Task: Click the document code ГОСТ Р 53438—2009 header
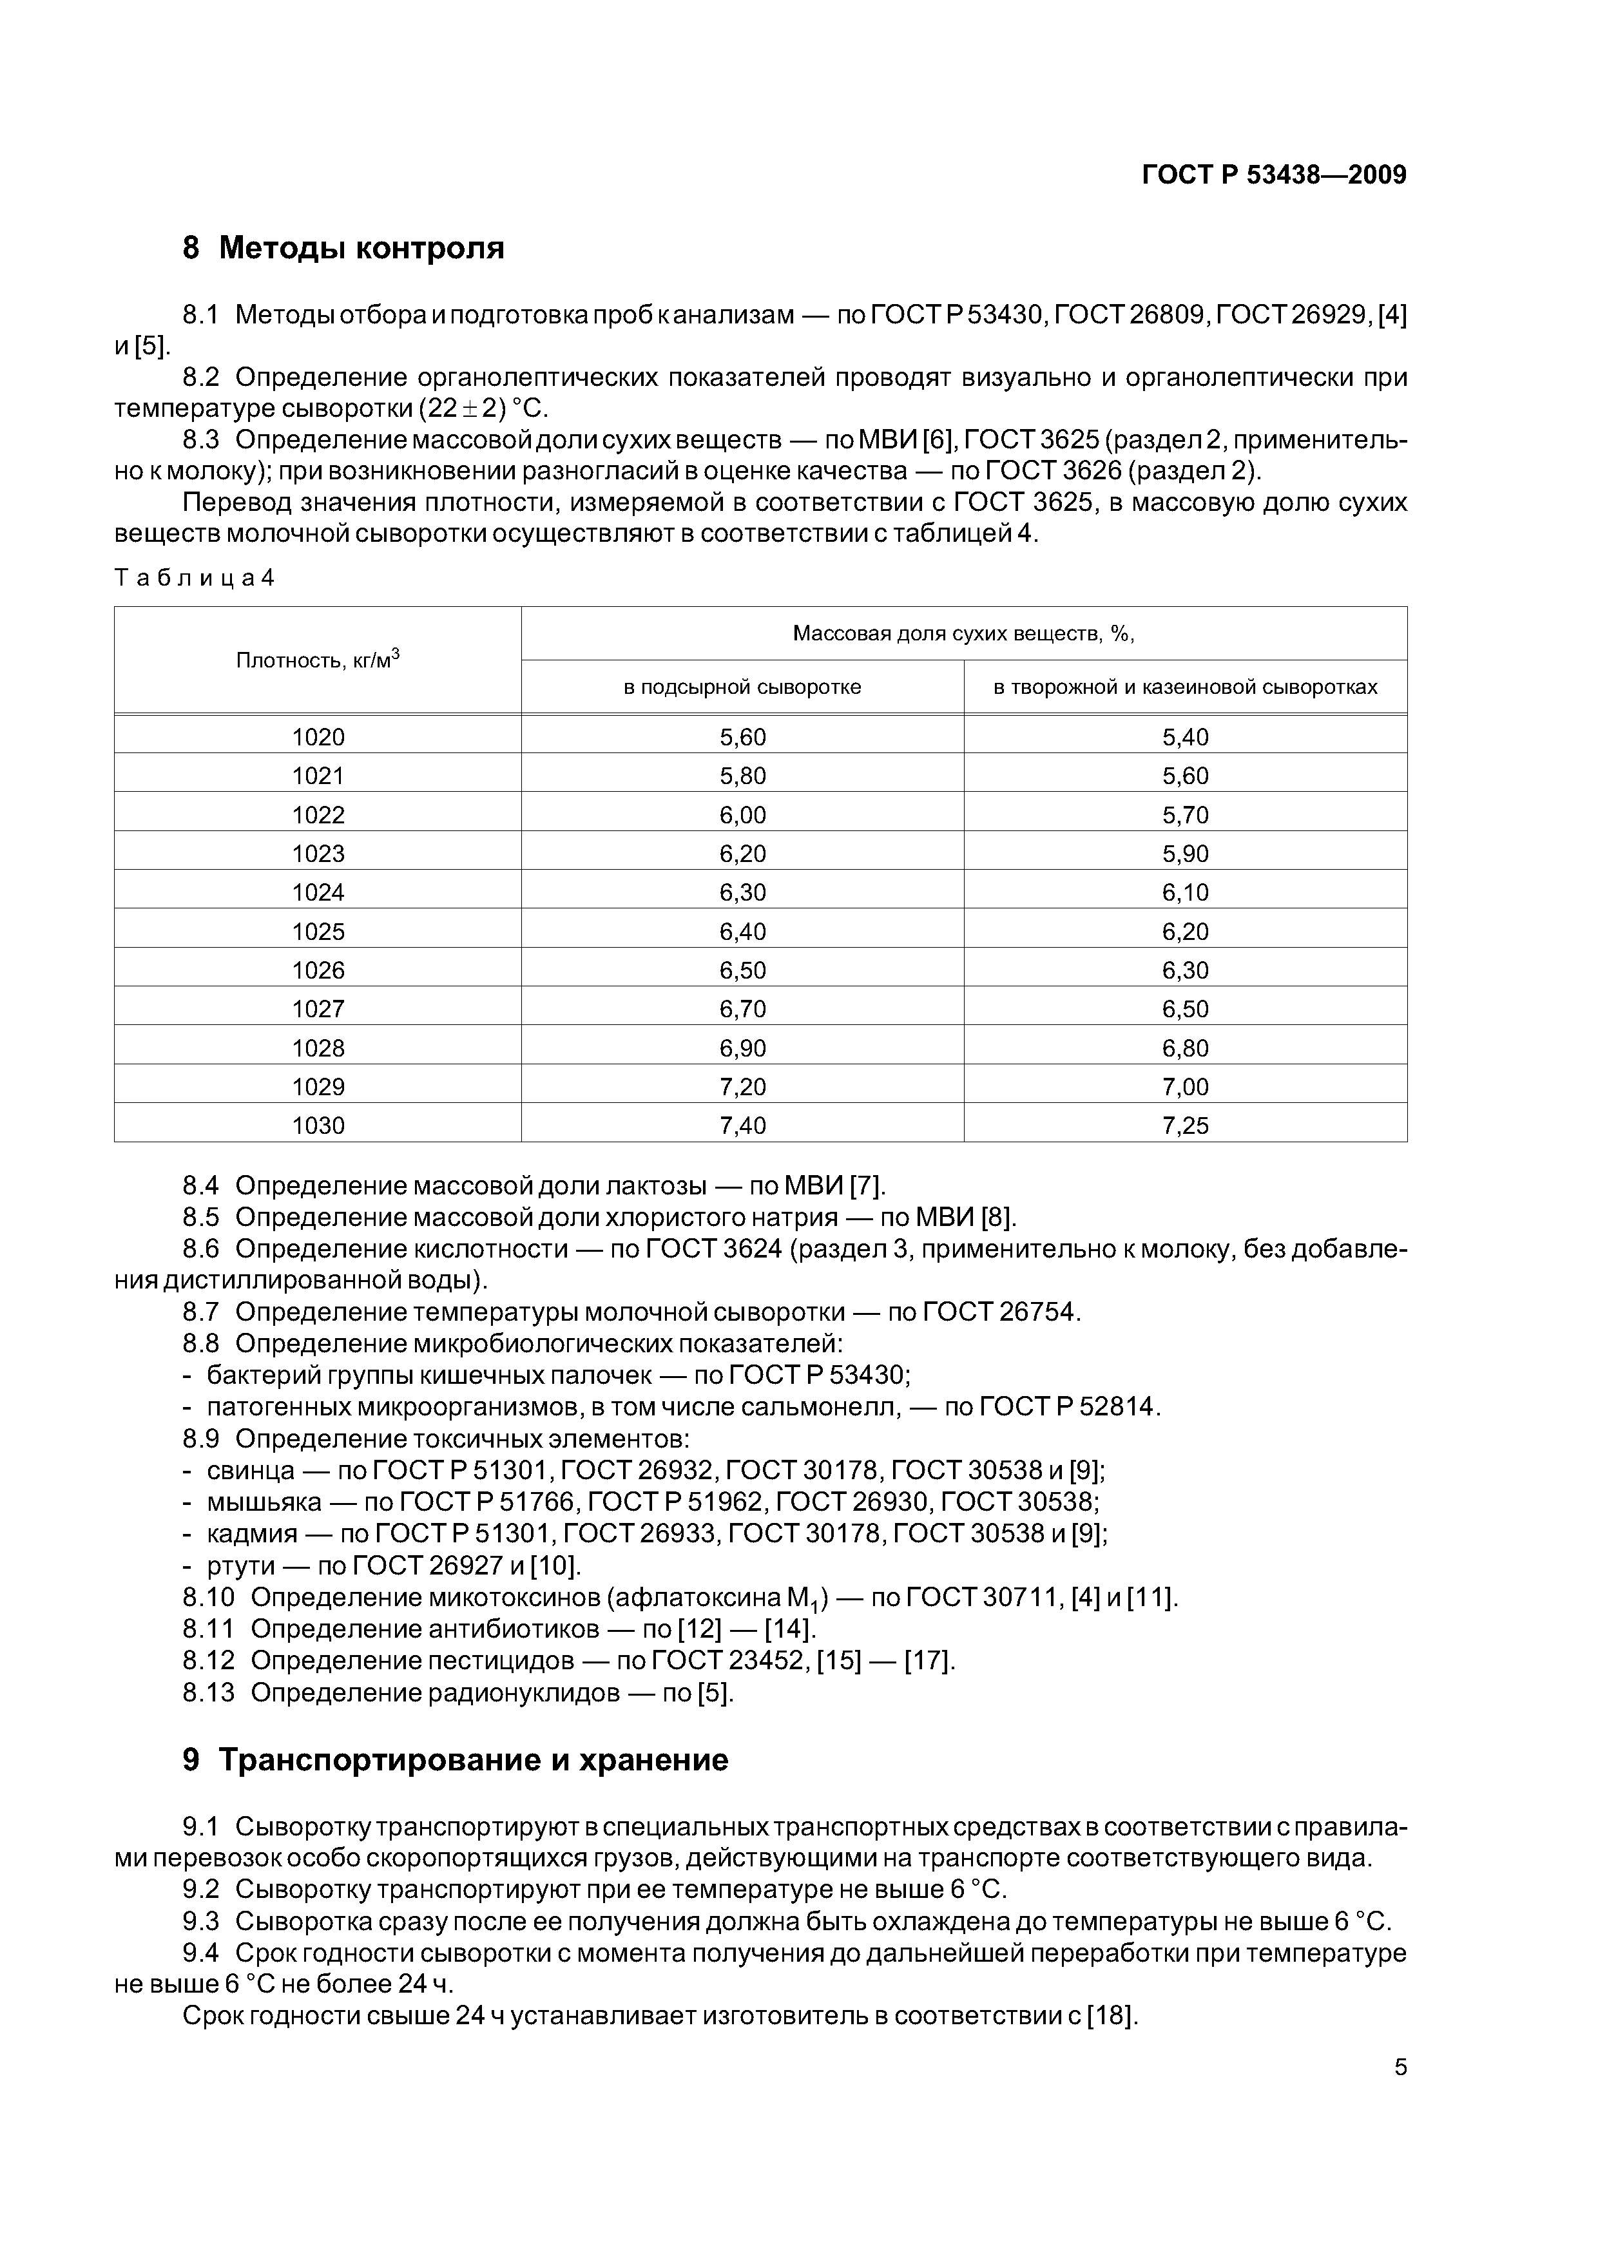[1273, 175]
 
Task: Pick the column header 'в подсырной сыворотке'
[742, 687]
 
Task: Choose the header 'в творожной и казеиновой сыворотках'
[1184, 687]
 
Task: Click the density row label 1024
[318, 893]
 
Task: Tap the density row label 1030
[318, 1125]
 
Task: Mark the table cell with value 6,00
[742, 815]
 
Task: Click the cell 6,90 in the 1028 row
[742, 1048]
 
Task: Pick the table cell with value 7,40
[742, 1125]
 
